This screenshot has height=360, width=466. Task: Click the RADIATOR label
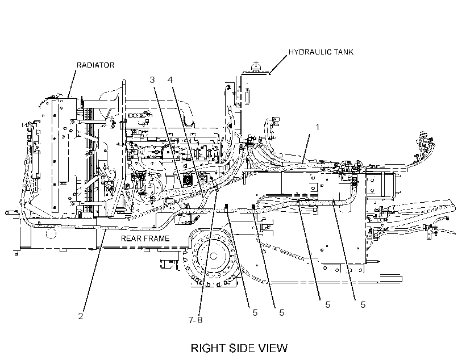point(95,65)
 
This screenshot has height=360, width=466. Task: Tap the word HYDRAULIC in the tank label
point(310,52)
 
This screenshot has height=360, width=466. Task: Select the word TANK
point(343,52)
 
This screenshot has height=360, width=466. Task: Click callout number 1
point(317,127)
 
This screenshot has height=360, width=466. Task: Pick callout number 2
point(81,316)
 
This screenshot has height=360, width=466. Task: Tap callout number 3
point(152,79)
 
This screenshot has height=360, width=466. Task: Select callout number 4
point(170,79)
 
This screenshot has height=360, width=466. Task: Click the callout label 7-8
point(195,320)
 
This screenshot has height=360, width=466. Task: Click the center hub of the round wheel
point(213,256)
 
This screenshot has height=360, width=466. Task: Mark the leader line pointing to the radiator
point(72,85)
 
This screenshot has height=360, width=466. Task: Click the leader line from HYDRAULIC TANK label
point(278,65)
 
